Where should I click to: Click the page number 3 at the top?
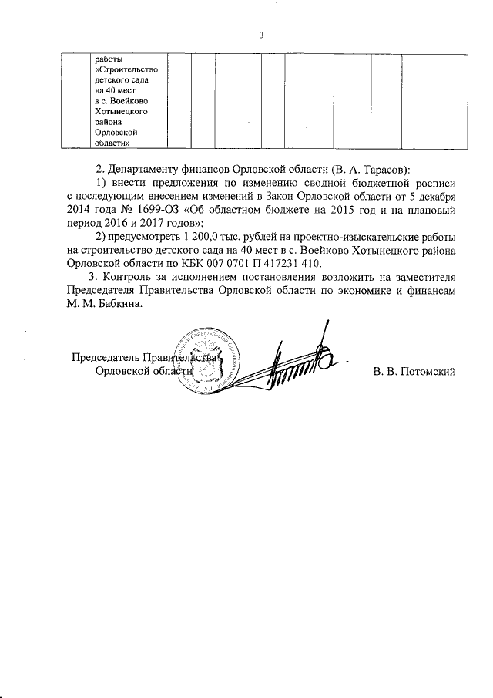[x=261, y=35]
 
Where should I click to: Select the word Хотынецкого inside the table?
[x=120, y=111]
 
